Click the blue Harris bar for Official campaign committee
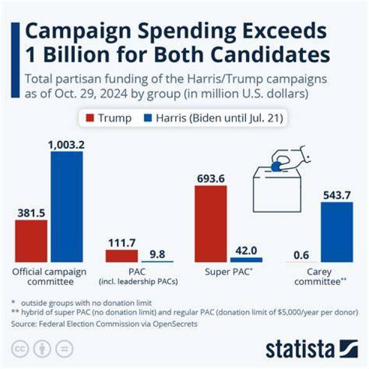point(67,207)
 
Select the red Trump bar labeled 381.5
point(31,241)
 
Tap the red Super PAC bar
point(211,224)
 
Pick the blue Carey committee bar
point(337,232)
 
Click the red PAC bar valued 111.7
point(121,256)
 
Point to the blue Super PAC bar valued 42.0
point(246,260)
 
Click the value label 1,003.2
point(66,145)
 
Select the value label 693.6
point(211,179)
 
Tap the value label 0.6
point(301,255)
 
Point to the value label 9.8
point(157,254)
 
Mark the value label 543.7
point(337,195)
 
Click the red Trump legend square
point(90,118)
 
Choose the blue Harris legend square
point(148,118)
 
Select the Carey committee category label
point(320,277)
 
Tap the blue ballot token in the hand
point(276,166)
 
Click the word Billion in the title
point(76,55)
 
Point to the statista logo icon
point(349,349)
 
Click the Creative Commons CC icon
point(20,349)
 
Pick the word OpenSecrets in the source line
point(175,324)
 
